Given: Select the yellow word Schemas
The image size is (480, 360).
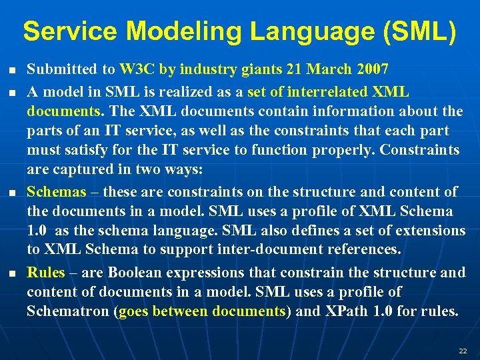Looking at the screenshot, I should coord(56,192).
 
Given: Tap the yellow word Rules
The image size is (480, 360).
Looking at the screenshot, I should coord(46,272).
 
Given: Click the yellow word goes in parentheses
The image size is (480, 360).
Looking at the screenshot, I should coord(134,312).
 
